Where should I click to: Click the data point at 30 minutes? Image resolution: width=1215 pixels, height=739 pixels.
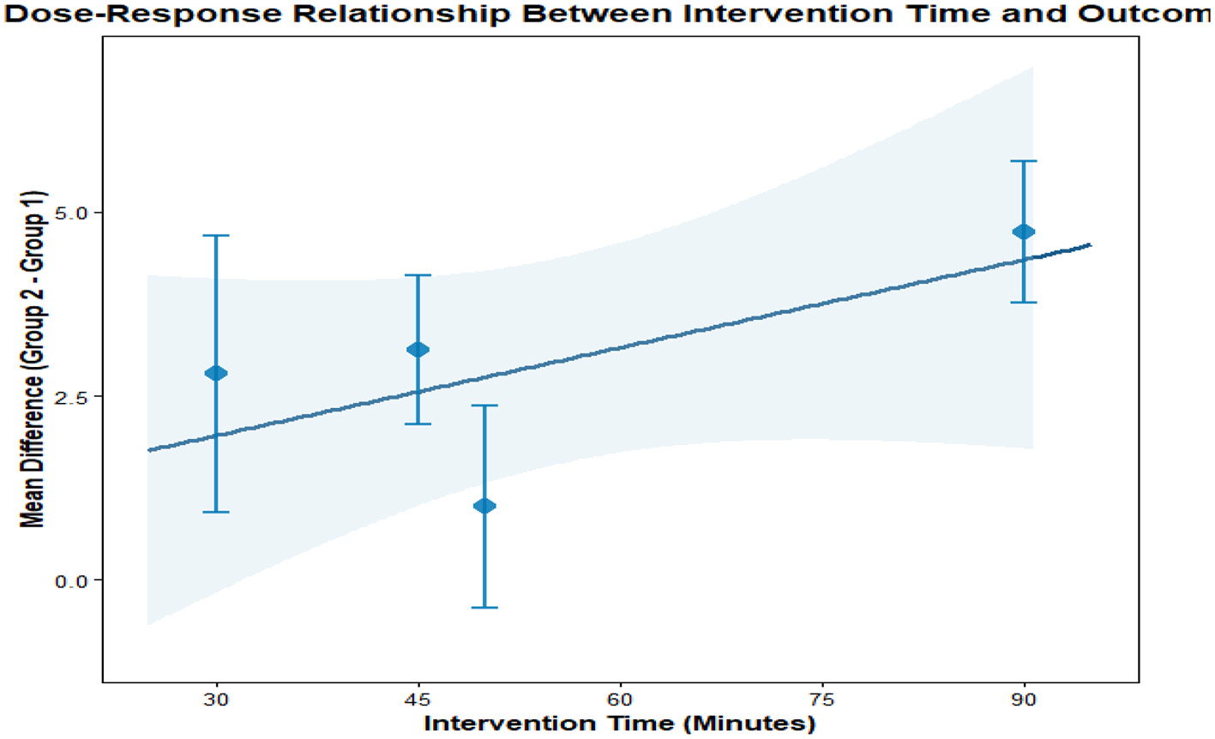[216, 373]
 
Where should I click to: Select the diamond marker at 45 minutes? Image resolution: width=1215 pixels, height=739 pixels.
[418, 350]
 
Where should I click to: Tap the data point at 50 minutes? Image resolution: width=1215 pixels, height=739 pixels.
[484, 506]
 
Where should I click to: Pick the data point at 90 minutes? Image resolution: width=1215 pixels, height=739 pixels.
[1023, 231]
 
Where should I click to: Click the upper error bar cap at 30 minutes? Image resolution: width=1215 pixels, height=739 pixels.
[216, 235]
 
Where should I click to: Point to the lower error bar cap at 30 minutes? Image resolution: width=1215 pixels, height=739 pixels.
[216, 512]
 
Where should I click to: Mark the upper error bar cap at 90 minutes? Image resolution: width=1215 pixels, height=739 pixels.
[1023, 161]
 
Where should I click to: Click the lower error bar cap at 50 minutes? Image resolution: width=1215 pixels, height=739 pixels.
[484, 608]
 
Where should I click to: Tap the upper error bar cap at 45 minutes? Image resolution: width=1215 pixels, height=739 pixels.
[418, 275]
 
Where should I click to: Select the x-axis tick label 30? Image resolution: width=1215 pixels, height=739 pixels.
[216, 700]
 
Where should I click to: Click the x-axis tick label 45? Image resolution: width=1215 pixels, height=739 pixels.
[418, 700]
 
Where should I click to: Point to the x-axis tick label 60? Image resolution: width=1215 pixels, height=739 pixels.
[620, 700]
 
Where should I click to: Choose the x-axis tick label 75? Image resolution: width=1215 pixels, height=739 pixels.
[821, 700]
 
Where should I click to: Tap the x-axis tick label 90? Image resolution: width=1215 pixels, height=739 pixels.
[1023, 700]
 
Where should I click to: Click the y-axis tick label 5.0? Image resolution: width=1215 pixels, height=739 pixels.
[72, 213]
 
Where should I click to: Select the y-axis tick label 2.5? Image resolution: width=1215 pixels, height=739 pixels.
[72, 396]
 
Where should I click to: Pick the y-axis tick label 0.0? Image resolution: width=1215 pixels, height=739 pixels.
[72, 580]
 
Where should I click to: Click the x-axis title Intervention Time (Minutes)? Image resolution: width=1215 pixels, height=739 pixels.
[619, 723]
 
